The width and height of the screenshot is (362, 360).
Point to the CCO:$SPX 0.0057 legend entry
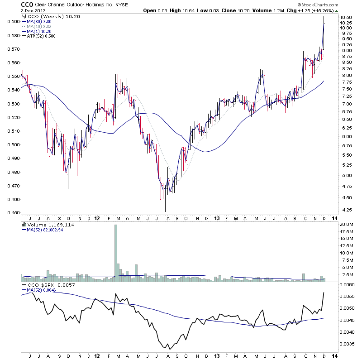coord(43,285)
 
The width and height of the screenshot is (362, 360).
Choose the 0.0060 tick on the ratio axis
coord(347,284)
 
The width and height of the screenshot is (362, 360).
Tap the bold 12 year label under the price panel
coord(98,218)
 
